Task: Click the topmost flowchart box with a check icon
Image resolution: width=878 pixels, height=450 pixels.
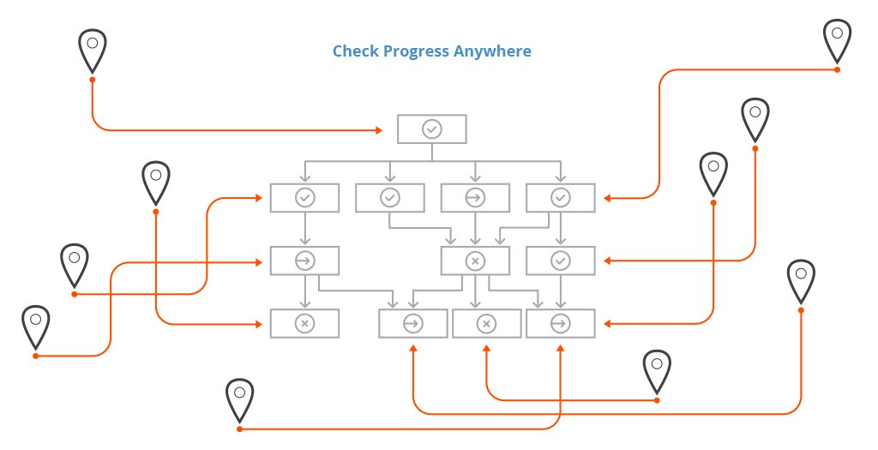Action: [x=432, y=129]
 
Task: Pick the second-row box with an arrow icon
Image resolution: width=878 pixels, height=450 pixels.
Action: [x=475, y=198]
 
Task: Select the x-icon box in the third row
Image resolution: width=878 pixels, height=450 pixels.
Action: [x=475, y=261]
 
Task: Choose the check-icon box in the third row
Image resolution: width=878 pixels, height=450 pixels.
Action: [x=561, y=261]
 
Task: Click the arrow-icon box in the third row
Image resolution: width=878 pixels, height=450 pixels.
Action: [x=304, y=261]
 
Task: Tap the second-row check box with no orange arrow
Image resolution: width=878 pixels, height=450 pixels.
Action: [x=390, y=198]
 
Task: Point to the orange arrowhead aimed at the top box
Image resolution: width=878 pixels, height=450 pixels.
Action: [x=379, y=130]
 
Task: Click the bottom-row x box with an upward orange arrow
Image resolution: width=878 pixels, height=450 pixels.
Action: [x=487, y=323]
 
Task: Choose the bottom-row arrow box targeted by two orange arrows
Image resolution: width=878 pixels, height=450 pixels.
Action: [x=561, y=323]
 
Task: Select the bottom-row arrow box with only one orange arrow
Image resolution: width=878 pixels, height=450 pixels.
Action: [x=413, y=323]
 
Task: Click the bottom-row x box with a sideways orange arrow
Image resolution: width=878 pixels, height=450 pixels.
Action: [x=304, y=323]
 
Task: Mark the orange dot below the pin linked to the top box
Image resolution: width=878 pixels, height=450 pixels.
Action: [x=93, y=80]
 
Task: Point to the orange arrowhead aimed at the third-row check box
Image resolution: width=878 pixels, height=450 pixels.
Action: [x=608, y=261]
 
